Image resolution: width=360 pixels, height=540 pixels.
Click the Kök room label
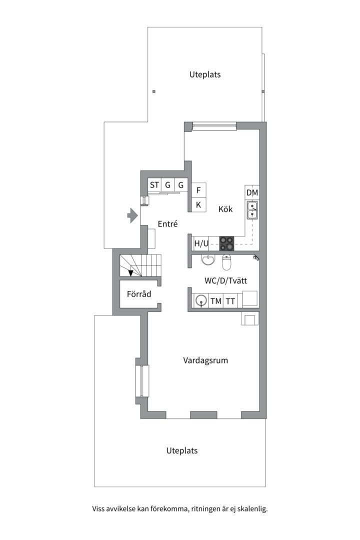225,209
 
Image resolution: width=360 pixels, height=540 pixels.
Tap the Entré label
167,224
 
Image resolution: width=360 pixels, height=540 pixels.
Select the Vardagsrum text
205,360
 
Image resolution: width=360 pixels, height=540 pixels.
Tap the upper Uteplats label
205,74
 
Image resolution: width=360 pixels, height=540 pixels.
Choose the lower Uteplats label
182,450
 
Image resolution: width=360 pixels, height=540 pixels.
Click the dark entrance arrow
132,215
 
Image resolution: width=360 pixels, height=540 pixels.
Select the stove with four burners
226,243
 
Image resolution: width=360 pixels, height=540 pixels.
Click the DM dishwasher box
252,192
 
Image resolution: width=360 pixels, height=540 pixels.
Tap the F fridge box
198,190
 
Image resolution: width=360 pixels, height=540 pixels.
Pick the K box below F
198,204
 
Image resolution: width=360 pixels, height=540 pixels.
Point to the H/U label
201,244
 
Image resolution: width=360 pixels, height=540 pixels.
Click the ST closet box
154,185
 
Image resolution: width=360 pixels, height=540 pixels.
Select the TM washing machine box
216,301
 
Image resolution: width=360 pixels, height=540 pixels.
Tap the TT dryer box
230,301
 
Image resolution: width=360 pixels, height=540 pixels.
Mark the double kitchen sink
252,210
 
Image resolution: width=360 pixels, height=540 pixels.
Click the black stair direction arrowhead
131,273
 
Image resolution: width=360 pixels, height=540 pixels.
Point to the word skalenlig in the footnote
252,509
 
